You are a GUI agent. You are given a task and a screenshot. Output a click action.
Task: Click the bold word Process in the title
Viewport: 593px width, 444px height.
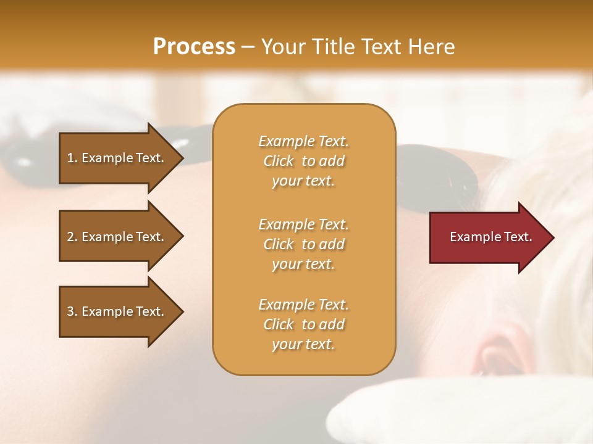tap(194, 47)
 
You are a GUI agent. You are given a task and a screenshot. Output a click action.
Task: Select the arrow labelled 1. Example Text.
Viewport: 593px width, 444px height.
tap(117, 158)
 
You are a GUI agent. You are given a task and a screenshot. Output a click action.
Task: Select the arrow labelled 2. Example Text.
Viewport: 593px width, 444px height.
tap(117, 237)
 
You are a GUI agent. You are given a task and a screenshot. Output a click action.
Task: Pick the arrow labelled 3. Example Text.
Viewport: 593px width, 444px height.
tap(117, 311)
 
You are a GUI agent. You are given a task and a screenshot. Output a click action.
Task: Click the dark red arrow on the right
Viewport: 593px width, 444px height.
tap(488, 237)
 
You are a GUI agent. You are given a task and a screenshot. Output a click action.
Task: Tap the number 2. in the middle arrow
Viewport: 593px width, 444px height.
tap(72, 237)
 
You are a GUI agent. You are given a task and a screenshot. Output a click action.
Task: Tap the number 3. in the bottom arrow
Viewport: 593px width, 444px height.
tap(72, 311)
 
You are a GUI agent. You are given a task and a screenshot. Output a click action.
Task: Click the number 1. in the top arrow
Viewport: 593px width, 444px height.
tap(72, 158)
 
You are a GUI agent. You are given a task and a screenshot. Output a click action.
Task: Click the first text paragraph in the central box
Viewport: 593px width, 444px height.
tap(303, 161)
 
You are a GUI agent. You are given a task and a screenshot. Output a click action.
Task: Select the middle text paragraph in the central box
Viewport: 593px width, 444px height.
tap(303, 244)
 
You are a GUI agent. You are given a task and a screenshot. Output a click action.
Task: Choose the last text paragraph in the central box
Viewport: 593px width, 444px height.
tap(303, 324)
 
